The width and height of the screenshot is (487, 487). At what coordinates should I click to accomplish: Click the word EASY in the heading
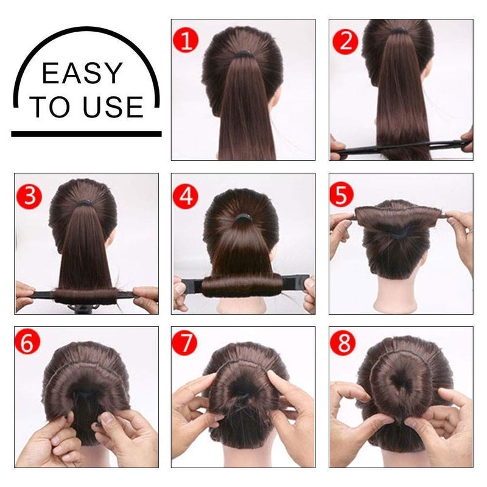tap(82, 74)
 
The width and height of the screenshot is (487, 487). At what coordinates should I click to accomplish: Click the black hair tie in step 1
tap(245, 54)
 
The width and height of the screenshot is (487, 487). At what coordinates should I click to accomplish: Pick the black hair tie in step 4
tap(244, 217)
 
